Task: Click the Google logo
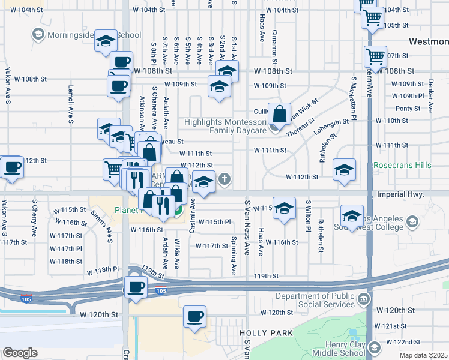point(20,353)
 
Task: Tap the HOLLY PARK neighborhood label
point(266,333)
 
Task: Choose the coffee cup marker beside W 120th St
point(194,316)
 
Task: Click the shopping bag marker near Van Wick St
point(280,113)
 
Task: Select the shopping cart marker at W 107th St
point(375,57)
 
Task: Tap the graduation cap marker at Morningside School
point(106,41)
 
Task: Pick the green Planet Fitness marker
point(178,211)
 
